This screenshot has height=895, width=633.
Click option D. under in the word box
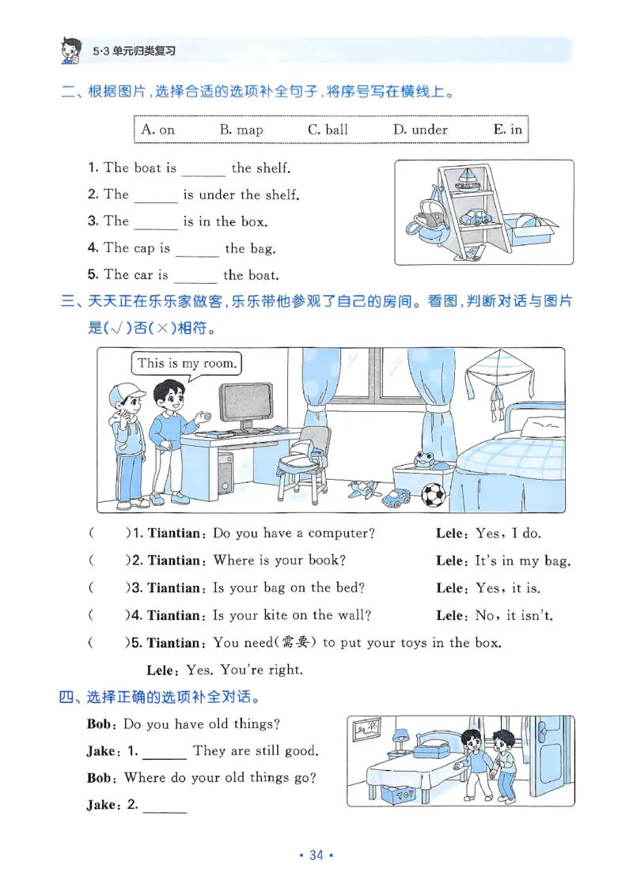[420, 130]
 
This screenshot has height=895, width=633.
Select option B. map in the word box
[241, 130]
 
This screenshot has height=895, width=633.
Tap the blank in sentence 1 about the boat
[203, 168]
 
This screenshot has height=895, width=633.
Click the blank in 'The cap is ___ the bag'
[197, 249]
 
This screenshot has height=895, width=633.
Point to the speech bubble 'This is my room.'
[187, 364]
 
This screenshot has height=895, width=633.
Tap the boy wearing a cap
[127, 443]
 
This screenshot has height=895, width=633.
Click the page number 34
[316, 855]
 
